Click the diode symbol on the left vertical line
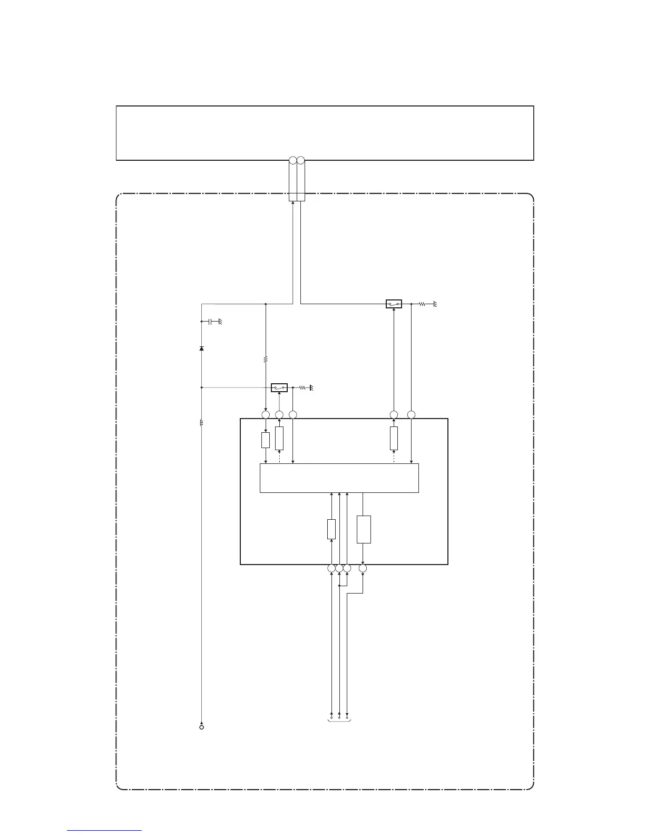click(202, 348)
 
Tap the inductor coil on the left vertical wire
click(202, 422)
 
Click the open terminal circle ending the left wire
click(202, 727)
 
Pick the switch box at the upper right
click(394, 304)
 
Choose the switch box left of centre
click(279, 388)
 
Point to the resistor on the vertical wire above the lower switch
click(265, 360)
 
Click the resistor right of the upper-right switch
click(422, 304)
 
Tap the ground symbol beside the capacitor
click(220, 322)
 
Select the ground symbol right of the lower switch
click(311, 388)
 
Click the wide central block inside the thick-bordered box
click(339, 478)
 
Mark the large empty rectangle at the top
click(325, 133)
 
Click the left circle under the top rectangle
click(293, 160)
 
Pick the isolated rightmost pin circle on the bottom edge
click(363, 568)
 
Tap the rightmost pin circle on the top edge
click(412, 415)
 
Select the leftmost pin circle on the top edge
click(265, 415)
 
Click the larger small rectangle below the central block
click(364, 529)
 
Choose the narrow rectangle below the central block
click(331, 529)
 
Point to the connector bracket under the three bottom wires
click(339, 721)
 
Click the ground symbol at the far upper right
click(435, 304)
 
